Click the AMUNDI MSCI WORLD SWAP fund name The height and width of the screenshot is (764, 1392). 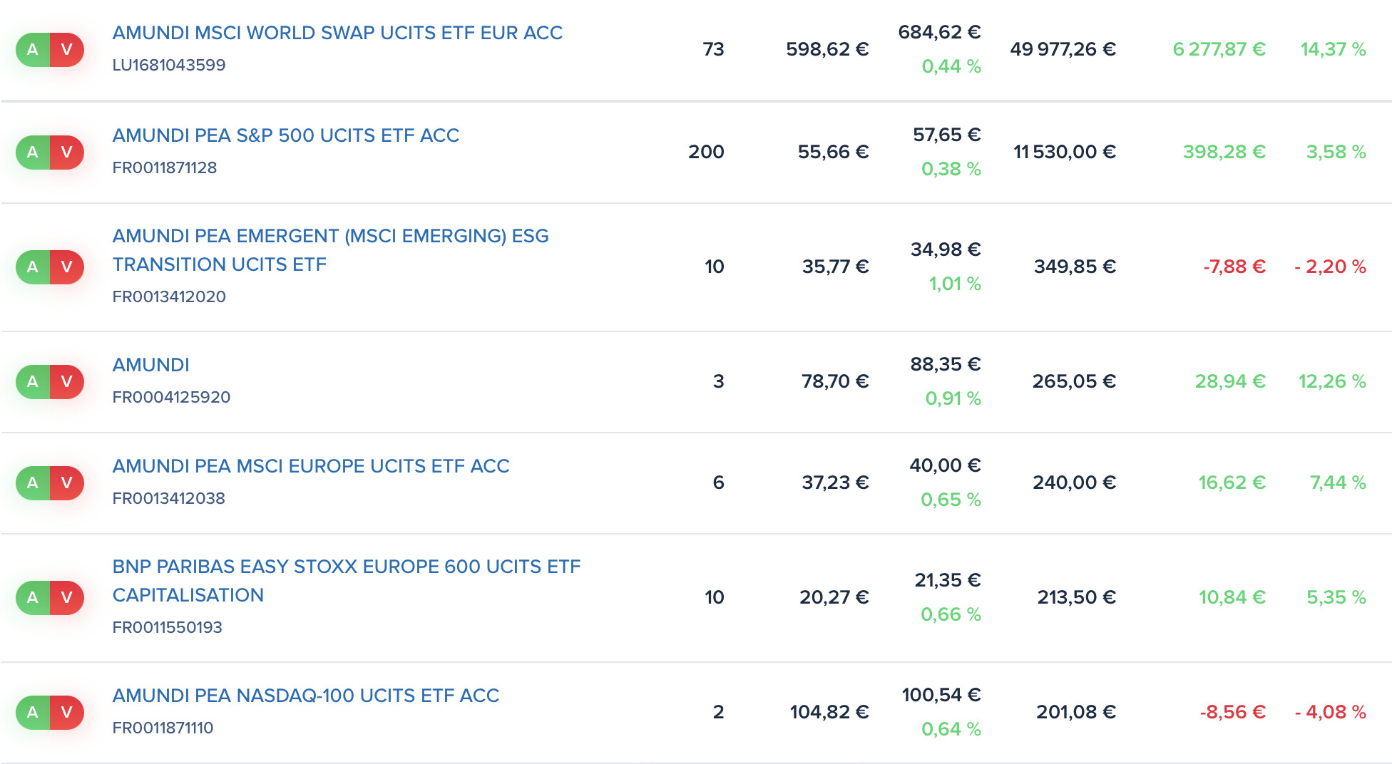[337, 33]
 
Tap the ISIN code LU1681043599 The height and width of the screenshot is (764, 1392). [169, 65]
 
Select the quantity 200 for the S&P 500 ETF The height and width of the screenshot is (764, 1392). [706, 152]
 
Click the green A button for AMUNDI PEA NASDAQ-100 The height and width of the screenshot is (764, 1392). [33, 712]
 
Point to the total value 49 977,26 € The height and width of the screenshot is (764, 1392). [1063, 49]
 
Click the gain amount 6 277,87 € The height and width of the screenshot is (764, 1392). [1219, 49]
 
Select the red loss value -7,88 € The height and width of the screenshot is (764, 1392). [1234, 267]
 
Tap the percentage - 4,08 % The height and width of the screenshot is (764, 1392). [1330, 712]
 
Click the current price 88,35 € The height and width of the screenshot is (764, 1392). [946, 364]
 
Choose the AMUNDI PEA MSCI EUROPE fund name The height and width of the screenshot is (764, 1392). [311, 466]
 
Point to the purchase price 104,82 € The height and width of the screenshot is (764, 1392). [829, 712]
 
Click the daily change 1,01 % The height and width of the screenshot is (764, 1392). [955, 284]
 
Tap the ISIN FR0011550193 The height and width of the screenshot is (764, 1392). [168, 627]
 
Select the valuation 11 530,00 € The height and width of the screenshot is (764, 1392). [1065, 152]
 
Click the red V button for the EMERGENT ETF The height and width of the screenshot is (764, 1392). [67, 267]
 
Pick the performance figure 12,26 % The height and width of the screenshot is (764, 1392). [1332, 381]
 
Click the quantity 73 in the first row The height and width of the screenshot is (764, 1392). [713, 49]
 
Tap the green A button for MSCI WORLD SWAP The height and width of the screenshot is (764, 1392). [33, 50]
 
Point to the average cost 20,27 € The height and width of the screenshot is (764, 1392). [834, 597]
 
